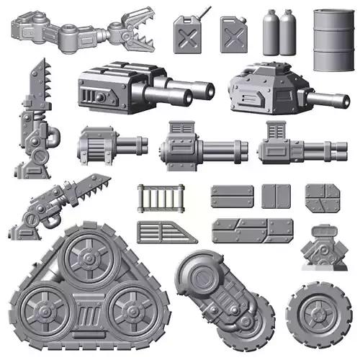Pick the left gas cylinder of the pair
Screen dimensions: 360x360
[271, 34]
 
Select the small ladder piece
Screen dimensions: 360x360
[161, 198]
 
